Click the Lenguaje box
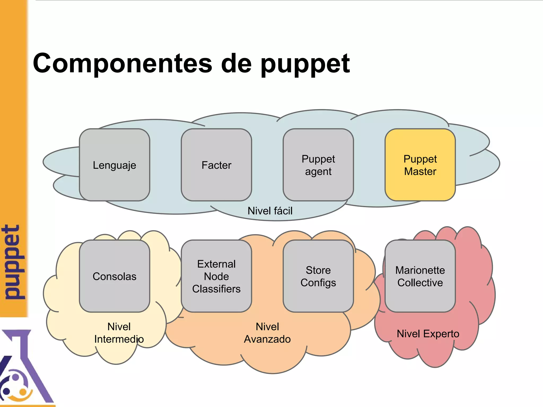pos(115,165)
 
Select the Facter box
pos(216,165)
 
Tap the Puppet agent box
pos(318,165)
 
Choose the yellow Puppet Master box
pos(420,165)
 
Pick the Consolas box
pos(115,276)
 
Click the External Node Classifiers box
pos(216,276)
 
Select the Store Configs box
pos(318,276)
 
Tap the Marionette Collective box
pos(420,276)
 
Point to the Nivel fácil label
pos(270,211)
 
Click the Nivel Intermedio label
pos(119,333)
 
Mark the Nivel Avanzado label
pos(267,333)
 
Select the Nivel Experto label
pos(428,334)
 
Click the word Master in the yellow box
pos(420,171)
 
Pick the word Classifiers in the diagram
pos(216,289)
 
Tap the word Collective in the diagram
pos(420,283)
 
